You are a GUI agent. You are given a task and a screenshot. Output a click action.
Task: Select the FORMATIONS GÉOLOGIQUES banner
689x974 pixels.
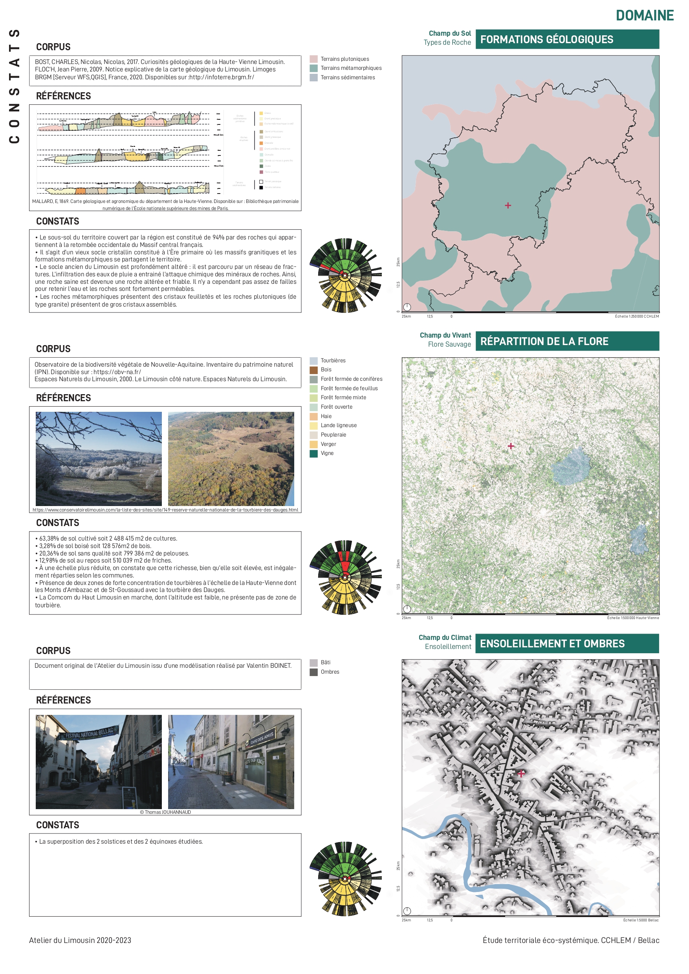567,39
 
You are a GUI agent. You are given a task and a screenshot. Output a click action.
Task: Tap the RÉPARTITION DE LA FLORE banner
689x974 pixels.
567,342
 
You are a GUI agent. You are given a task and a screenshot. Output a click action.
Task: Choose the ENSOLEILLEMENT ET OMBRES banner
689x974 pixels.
567,643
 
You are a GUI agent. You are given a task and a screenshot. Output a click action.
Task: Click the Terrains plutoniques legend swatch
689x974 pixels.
314,59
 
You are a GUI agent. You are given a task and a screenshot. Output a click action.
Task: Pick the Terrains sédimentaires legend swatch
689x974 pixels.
314,78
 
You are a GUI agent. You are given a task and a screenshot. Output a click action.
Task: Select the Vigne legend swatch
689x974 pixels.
314,453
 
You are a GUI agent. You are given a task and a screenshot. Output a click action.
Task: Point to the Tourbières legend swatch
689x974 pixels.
314,360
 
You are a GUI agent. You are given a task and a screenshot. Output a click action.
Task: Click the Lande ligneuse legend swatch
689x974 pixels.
314,426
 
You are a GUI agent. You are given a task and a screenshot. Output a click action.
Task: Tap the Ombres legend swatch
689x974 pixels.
314,672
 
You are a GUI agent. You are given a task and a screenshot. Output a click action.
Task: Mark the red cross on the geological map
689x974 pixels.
508,205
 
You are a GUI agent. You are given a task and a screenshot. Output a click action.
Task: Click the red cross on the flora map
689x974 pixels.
511,446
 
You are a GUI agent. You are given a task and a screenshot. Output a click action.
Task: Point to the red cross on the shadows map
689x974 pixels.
521,773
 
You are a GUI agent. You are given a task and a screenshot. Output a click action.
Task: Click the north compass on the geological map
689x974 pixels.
407,307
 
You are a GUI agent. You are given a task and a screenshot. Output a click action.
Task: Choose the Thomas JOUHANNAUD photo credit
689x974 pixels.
165,812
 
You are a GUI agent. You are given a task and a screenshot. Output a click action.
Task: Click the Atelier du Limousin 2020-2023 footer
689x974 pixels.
80,940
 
